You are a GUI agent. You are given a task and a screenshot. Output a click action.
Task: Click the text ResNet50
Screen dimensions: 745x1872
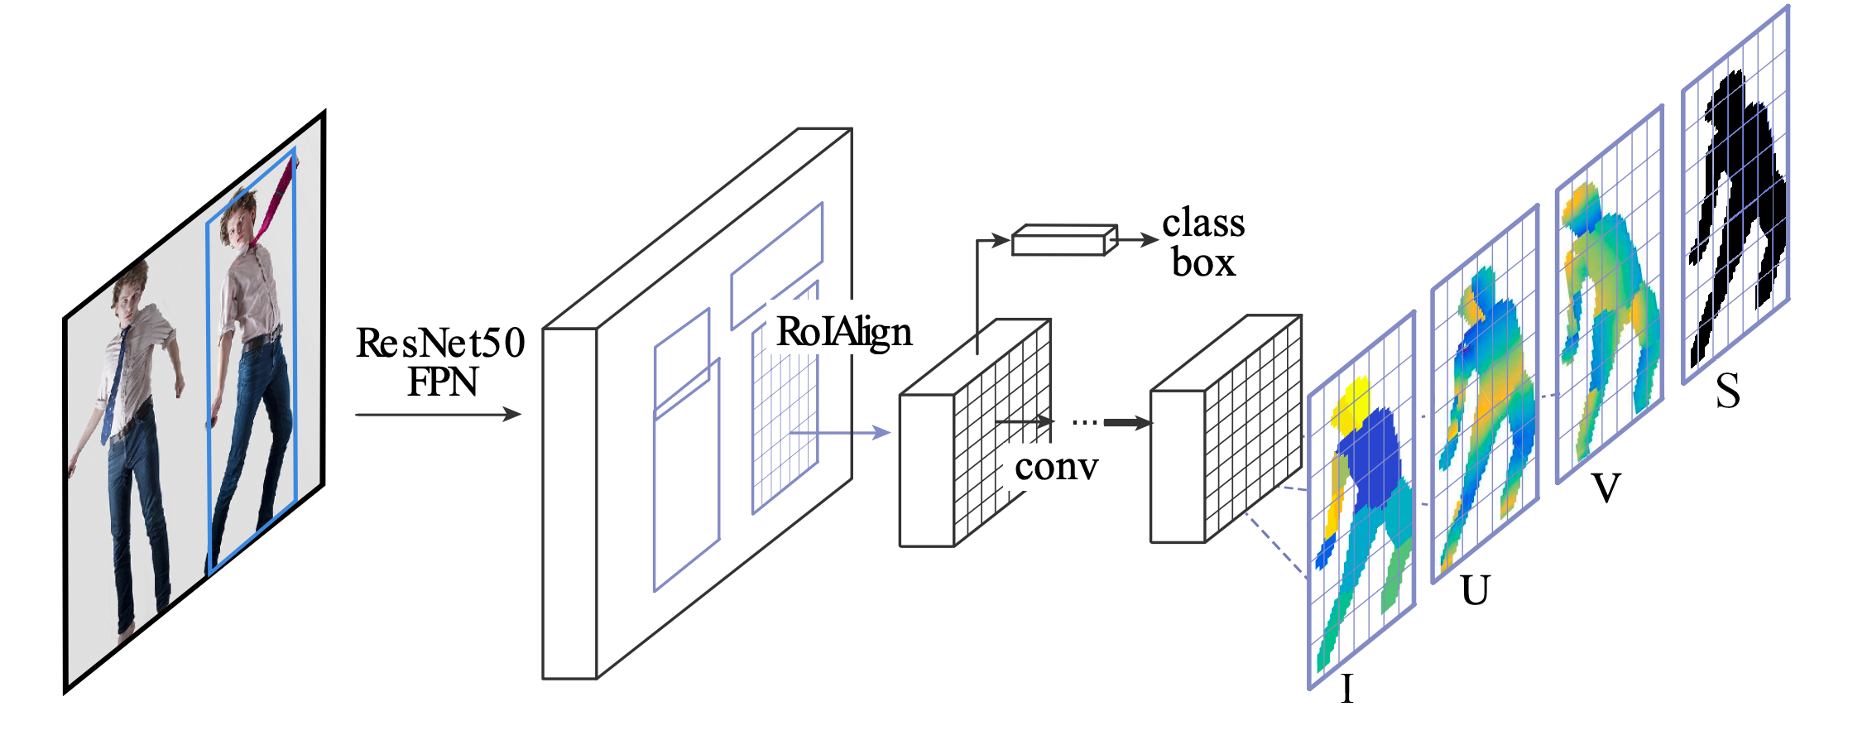(x=440, y=343)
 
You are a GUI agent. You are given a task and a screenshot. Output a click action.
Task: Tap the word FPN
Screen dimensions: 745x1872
(x=442, y=382)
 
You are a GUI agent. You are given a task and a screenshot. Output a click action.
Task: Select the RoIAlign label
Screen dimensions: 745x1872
(x=843, y=333)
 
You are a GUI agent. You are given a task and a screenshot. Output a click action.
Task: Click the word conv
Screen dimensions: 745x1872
(x=1056, y=467)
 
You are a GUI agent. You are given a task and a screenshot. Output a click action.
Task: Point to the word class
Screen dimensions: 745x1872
(x=1203, y=223)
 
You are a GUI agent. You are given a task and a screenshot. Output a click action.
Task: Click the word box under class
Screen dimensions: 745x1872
(x=1203, y=263)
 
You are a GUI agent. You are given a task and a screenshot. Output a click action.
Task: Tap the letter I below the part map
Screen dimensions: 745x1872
(x=1346, y=689)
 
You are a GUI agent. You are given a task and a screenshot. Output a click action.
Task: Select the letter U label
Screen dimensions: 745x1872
(x=1475, y=591)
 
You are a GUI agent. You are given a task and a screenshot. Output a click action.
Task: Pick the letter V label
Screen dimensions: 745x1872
(x=1606, y=488)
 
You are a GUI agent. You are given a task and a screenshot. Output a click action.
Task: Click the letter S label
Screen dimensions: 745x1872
(x=1727, y=391)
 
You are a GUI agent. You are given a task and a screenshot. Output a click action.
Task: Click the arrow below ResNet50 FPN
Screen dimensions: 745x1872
(x=438, y=414)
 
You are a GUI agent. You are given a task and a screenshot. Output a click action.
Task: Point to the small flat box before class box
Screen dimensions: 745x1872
(x=1064, y=240)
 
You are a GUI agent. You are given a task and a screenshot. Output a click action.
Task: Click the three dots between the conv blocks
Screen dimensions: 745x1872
(x=1084, y=423)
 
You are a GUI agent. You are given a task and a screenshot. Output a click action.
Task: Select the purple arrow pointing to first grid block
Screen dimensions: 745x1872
(x=840, y=432)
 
